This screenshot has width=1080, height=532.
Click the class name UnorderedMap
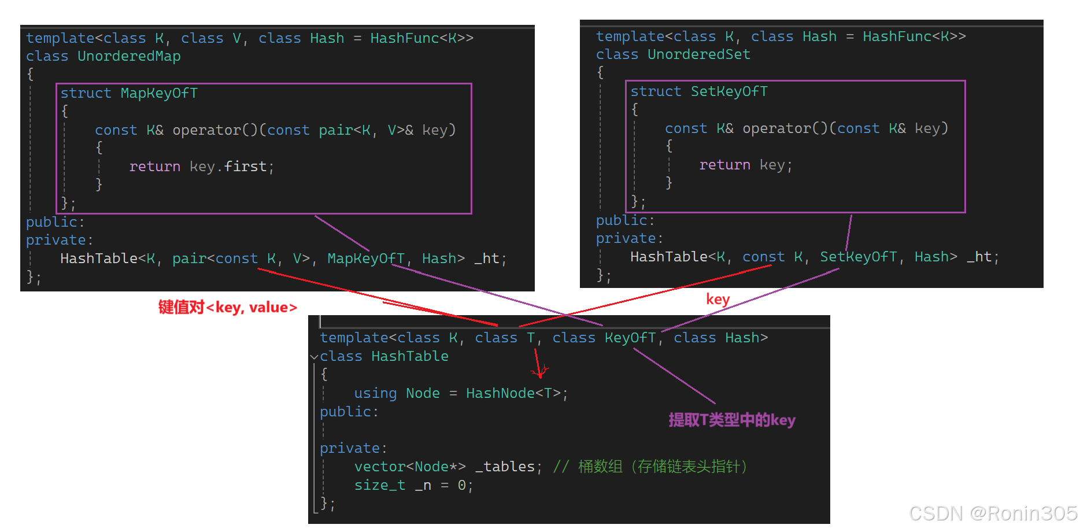[129, 57]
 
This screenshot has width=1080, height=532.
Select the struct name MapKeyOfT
[159, 94]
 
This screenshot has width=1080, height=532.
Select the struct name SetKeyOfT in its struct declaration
[729, 92]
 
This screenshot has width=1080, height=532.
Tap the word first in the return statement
[245, 167]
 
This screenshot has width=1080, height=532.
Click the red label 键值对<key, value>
[228, 308]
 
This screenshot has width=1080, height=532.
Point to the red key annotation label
[717, 300]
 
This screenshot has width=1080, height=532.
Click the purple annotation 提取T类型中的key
[732, 420]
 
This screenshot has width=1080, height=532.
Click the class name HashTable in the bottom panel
[409, 357]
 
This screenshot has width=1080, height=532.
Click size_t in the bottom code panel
[379, 486]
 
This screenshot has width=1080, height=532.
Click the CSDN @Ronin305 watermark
[993, 513]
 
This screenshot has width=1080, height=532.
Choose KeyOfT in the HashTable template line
[630, 338]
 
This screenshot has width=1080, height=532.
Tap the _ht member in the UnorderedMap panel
[490, 259]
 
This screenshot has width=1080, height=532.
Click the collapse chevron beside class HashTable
[315, 357]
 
